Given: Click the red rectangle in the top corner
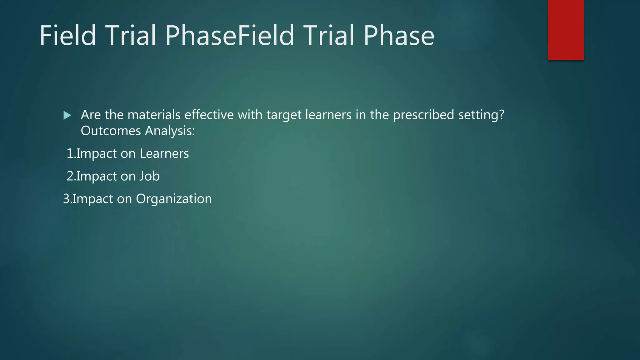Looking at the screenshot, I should [x=566, y=30].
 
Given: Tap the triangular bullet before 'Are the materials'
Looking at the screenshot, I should [x=67, y=115].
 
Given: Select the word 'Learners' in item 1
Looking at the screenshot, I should [x=164, y=154].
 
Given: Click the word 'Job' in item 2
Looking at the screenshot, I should [x=149, y=176].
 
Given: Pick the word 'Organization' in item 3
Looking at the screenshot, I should [x=174, y=199].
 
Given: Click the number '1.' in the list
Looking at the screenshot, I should [x=71, y=154].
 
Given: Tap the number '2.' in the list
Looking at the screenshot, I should [x=71, y=176].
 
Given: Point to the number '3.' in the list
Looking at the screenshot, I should [x=67, y=199].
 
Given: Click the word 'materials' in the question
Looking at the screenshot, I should [x=154, y=115].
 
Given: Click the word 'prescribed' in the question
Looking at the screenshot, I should [x=423, y=115].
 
